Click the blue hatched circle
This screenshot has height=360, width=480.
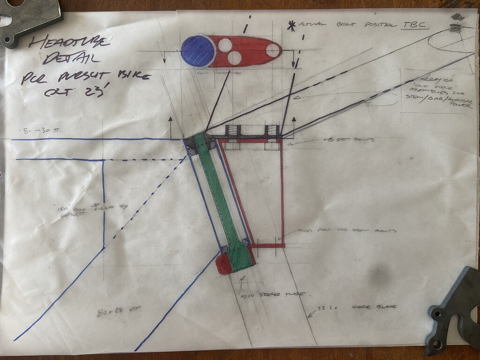pos(197,51)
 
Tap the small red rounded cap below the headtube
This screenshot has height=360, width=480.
pos(224,263)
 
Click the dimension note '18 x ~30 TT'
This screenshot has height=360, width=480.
pos(37,130)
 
